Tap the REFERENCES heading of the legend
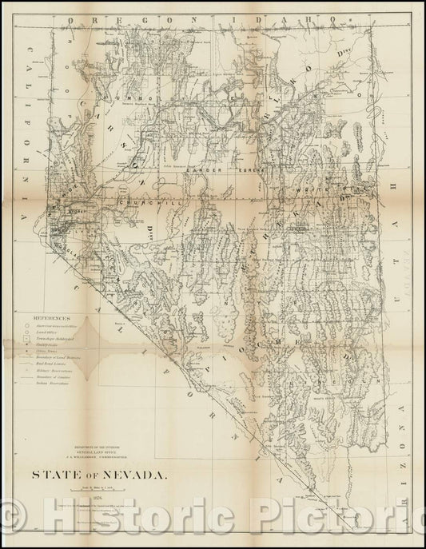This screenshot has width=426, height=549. coord(53,295)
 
